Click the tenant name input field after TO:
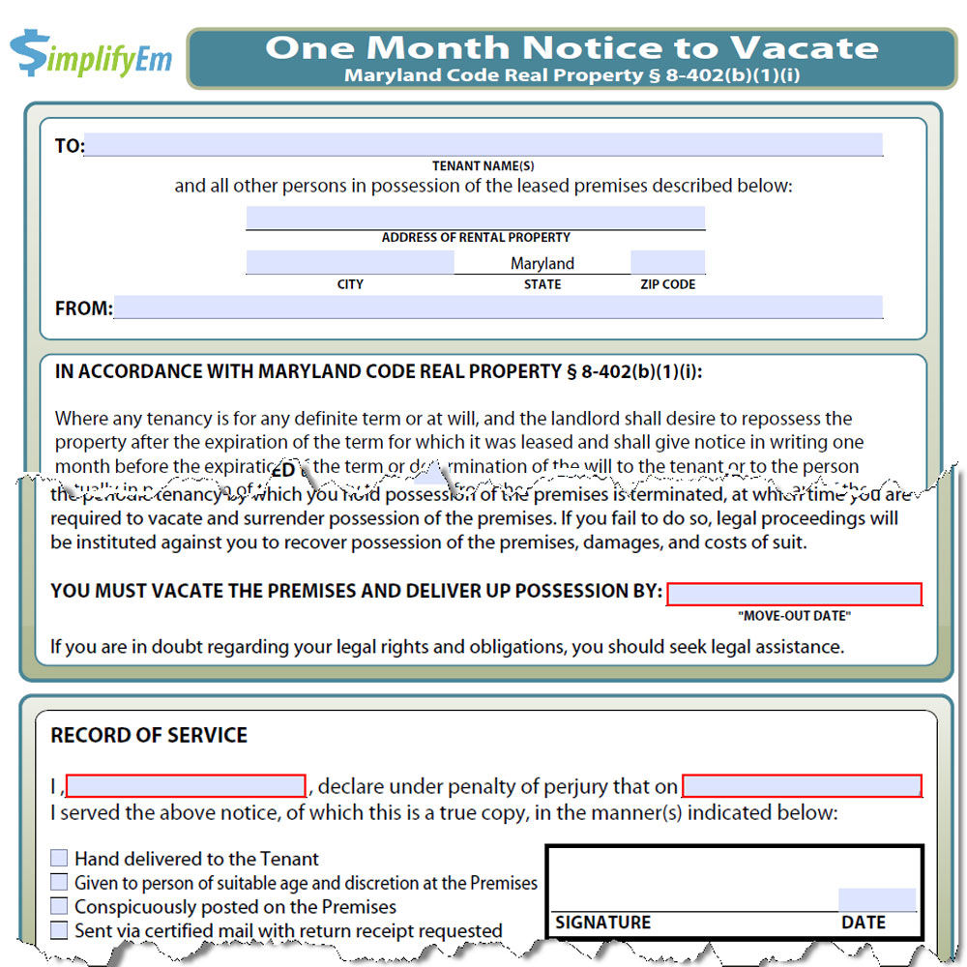click(483, 145)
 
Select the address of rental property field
click(476, 218)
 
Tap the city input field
click(349, 262)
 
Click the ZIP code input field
click(667, 262)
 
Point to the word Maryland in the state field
click(542, 263)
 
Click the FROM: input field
click(498, 308)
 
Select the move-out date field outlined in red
click(794, 594)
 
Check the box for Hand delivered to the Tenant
click(60, 858)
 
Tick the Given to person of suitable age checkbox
click(60, 882)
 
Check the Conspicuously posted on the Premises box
click(60, 906)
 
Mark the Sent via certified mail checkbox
click(60, 930)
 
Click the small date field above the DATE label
click(876, 899)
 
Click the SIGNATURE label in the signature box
click(602, 923)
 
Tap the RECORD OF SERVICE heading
click(149, 735)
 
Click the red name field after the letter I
click(186, 785)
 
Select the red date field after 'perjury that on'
click(802, 785)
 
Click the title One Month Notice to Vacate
click(572, 47)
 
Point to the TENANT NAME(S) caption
click(483, 166)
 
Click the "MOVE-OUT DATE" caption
click(794, 616)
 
